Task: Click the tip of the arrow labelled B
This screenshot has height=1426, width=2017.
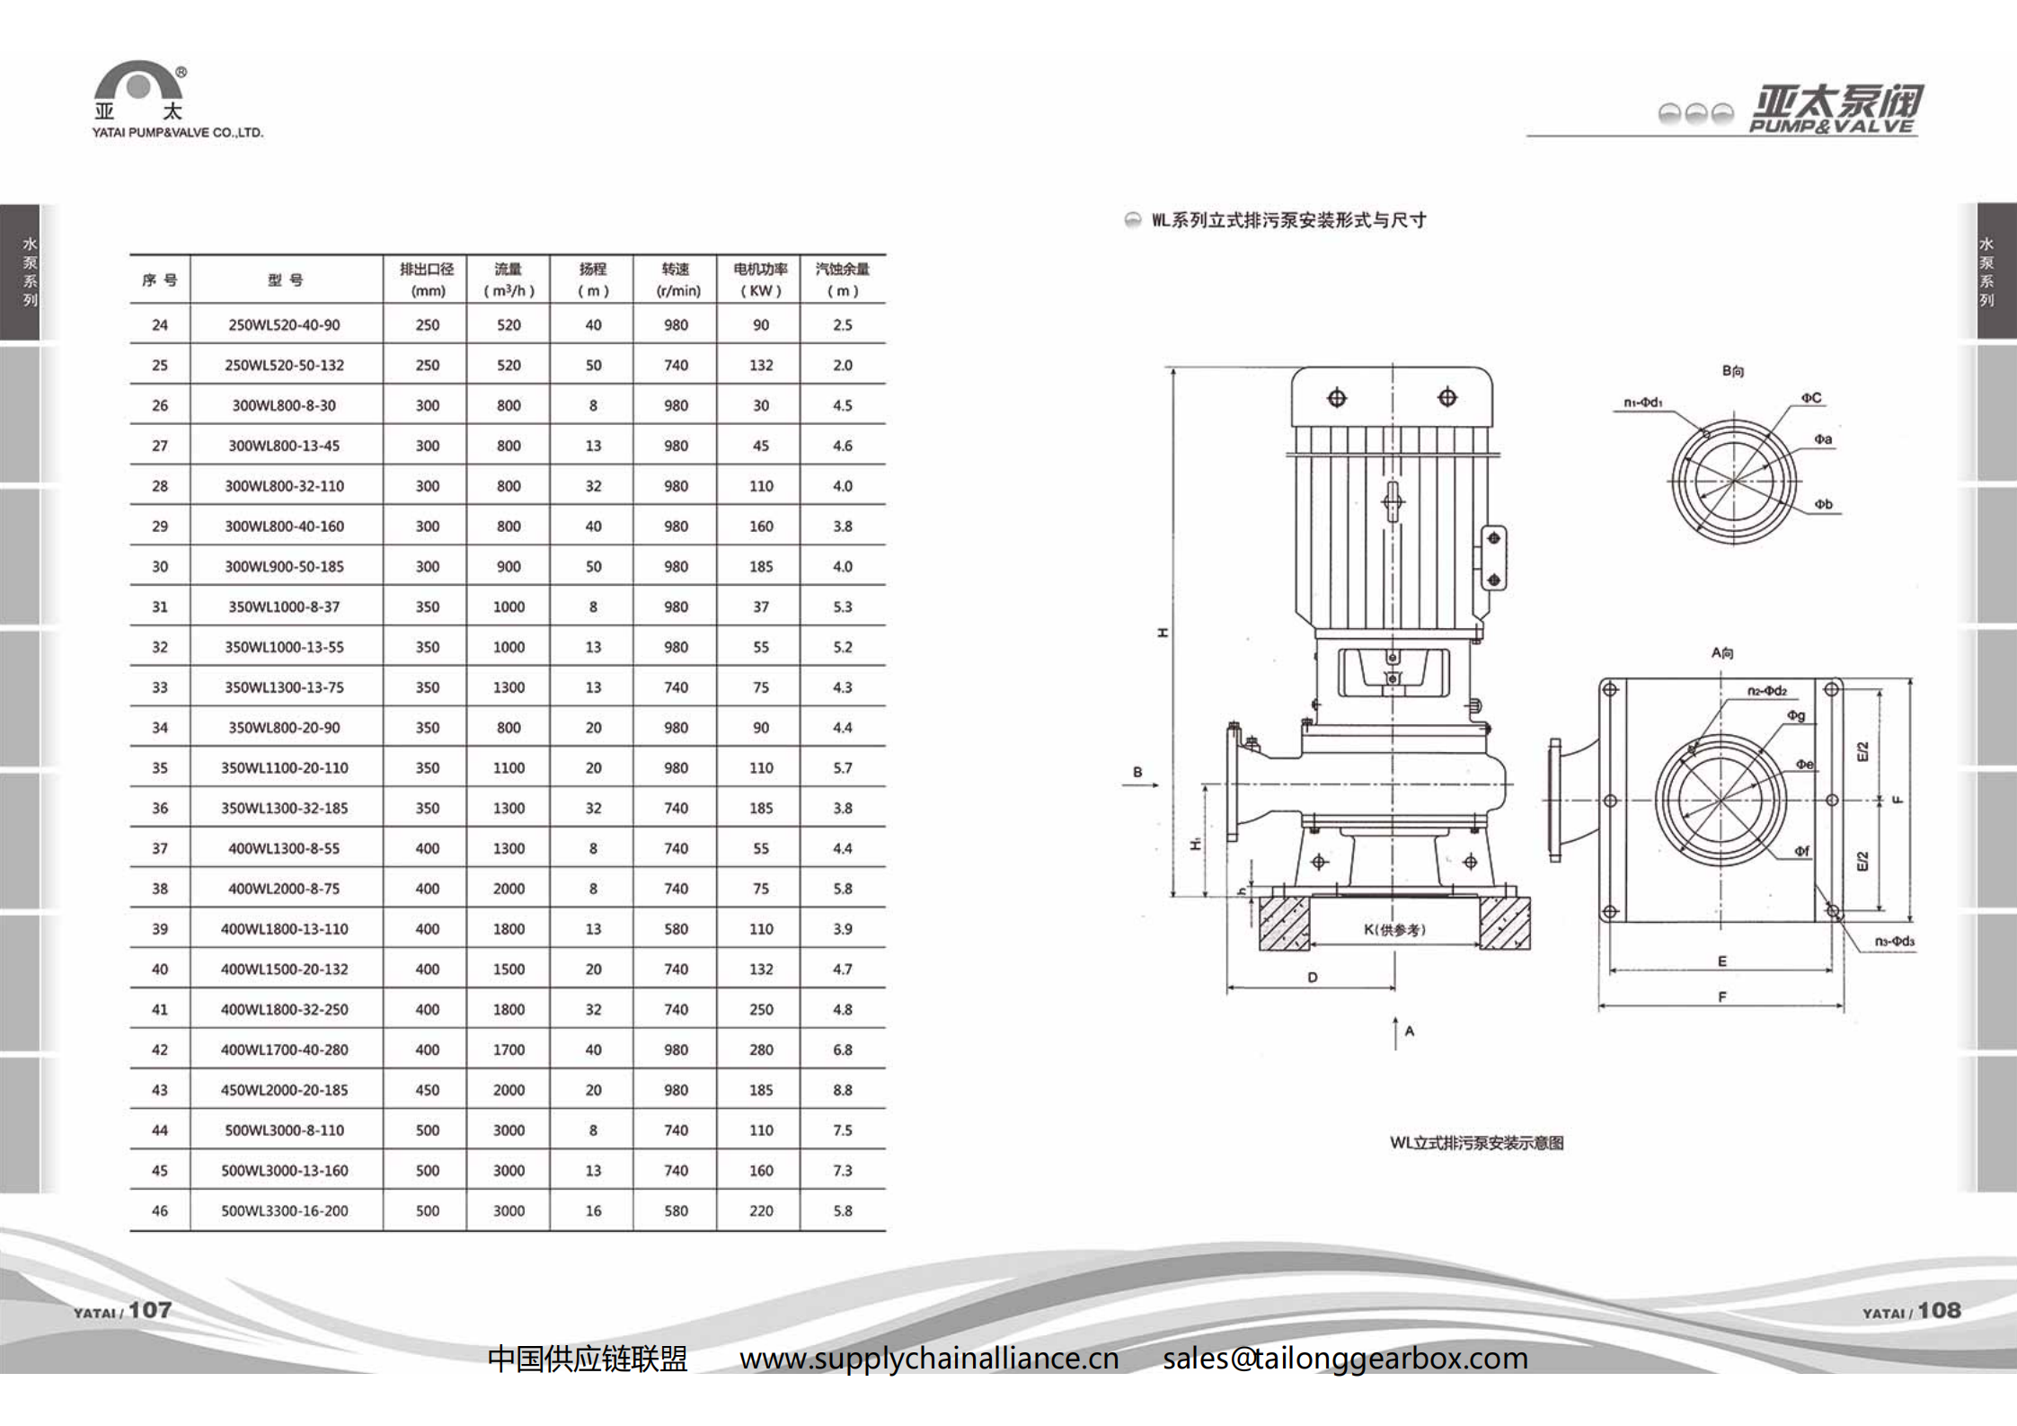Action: tap(1160, 785)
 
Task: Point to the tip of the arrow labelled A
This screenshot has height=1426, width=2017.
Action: tap(1395, 1017)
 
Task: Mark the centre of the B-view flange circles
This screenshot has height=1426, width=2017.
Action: tap(1733, 481)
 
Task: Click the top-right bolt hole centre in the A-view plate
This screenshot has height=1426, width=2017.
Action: tap(1831, 690)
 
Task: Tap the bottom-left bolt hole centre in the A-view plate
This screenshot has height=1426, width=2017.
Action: tap(1610, 911)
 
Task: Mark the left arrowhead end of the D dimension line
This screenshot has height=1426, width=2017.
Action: tap(1227, 988)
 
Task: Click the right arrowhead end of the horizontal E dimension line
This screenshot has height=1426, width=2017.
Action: tap(1832, 970)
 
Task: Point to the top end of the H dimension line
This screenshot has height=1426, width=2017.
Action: tap(1173, 368)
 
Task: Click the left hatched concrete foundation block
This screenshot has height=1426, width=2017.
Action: tap(1284, 923)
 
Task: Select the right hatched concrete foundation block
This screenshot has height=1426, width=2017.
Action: tap(1504, 923)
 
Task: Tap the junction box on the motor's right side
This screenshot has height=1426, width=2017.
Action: tap(1493, 558)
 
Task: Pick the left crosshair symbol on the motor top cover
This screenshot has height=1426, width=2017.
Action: tap(1337, 398)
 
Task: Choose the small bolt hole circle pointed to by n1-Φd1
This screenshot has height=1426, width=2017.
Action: tap(1705, 434)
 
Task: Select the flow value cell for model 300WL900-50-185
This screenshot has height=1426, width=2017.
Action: tap(509, 567)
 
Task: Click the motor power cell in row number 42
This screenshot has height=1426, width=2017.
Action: tap(760, 1050)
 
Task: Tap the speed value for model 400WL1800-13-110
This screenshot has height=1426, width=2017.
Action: tap(676, 929)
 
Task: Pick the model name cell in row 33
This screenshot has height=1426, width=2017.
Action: tap(285, 687)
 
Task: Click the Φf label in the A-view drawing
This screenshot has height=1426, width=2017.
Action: tap(1801, 851)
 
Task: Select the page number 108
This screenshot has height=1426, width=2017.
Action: tap(1939, 1310)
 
